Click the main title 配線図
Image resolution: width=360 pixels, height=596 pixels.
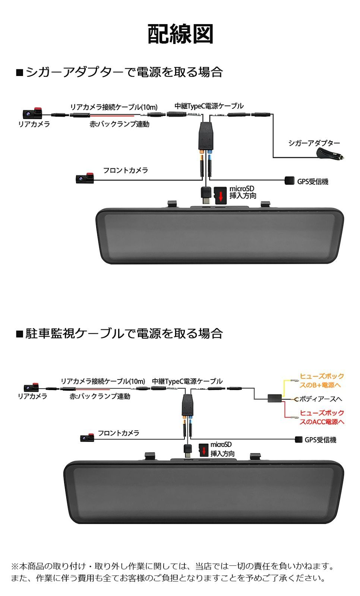tap(180, 34)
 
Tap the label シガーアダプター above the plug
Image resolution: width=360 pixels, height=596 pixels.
tap(314, 143)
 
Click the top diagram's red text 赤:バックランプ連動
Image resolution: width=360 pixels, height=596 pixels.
tap(119, 124)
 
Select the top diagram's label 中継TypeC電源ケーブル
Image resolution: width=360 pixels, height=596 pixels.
tap(209, 106)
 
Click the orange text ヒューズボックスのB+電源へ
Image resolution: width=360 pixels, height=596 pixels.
tap(322, 381)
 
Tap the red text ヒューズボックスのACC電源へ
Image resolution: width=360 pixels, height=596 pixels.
tap(322, 417)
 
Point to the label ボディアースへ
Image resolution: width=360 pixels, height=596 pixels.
tap(320, 399)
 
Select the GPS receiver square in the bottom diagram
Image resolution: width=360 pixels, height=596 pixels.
tap(299, 440)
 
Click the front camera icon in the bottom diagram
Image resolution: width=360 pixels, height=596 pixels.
tap(87, 438)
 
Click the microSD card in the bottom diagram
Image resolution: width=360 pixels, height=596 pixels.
tap(203, 450)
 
